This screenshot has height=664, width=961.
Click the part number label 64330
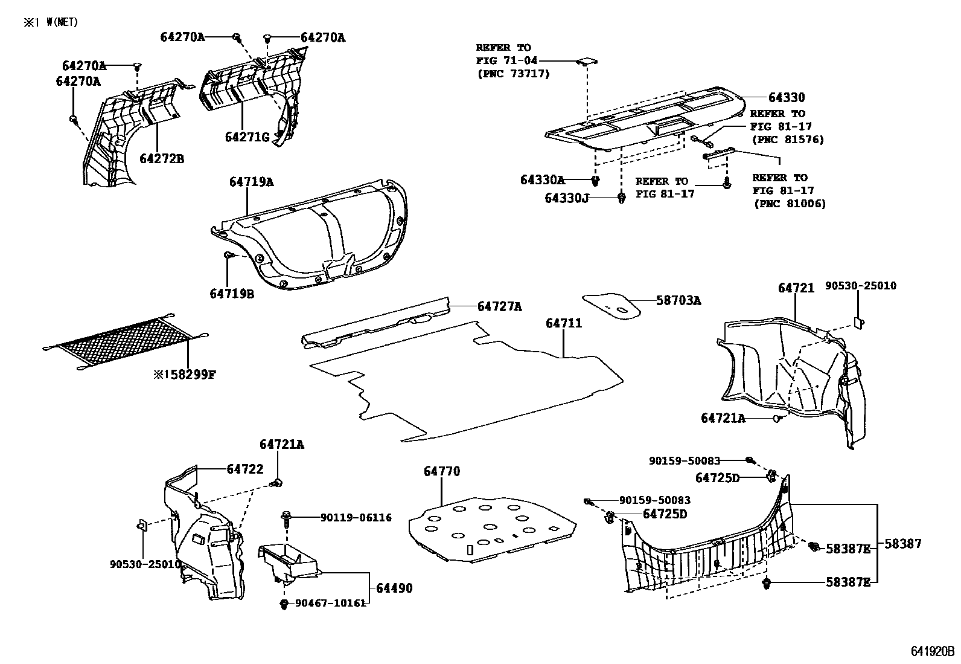pyautogui.click(x=786, y=98)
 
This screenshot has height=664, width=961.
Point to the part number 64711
pyautogui.click(x=564, y=324)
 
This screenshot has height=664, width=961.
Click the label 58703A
pyautogui.click(x=678, y=301)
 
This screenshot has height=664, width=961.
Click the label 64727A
pyautogui.click(x=499, y=307)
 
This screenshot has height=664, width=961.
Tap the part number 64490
pyautogui.click(x=395, y=588)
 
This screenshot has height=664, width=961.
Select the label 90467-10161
pyautogui.click(x=330, y=603)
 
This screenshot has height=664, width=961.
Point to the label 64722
pyautogui.click(x=245, y=469)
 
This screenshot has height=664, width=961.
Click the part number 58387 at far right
pyautogui.click(x=903, y=544)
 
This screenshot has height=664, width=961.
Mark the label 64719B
pyautogui.click(x=232, y=294)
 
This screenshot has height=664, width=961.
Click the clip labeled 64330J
pyautogui.click(x=622, y=198)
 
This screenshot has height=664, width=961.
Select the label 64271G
pyautogui.click(x=247, y=137)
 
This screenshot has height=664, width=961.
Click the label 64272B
pyautogui.click(x=162, y=159)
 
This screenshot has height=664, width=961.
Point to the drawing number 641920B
pyautogui.click(x=932, y=651)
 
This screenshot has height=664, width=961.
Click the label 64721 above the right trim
pyautogui.click(x=796, y=289)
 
